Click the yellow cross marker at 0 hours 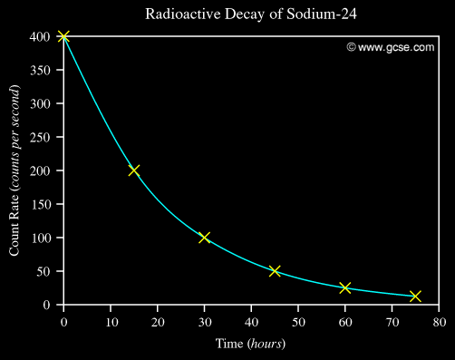pyautogui.click(x=63, y=36)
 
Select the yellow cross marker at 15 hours pyautogui.click(x=134, y=170)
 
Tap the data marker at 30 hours pyautogui.click(x=204, y=238)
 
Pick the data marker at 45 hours pyautogui.click(x=275, y=271)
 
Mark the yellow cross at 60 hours pyautogui.click(x=345, y=287)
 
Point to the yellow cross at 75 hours pyautogui.click(x=415, y=297)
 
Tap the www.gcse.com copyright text pyautogui.click(x=390, y=47)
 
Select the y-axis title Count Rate pyautogui.click(x=15, y=170)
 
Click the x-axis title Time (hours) pyautogui.click(x=250, y=344)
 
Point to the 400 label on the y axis pyautogui.click(x=39, y=37)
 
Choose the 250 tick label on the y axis pyautogui.click(x=39, y=137)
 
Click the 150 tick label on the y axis pyautogui.click(x=39, y=204)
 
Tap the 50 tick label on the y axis pyautogui.click(x=43, y=271)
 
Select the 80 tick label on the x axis pyautogui.click(x=439, y=321)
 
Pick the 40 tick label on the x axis pyautogui.click(x=251, y=321)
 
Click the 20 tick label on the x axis pyautogui.click(x=158, y=321)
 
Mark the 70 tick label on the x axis pyautogui.click(x=392, y=321)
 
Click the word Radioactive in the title pyautogui.click(x=176, y=15)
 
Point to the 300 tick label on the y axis pyautogui.click(x=39, y=103)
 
